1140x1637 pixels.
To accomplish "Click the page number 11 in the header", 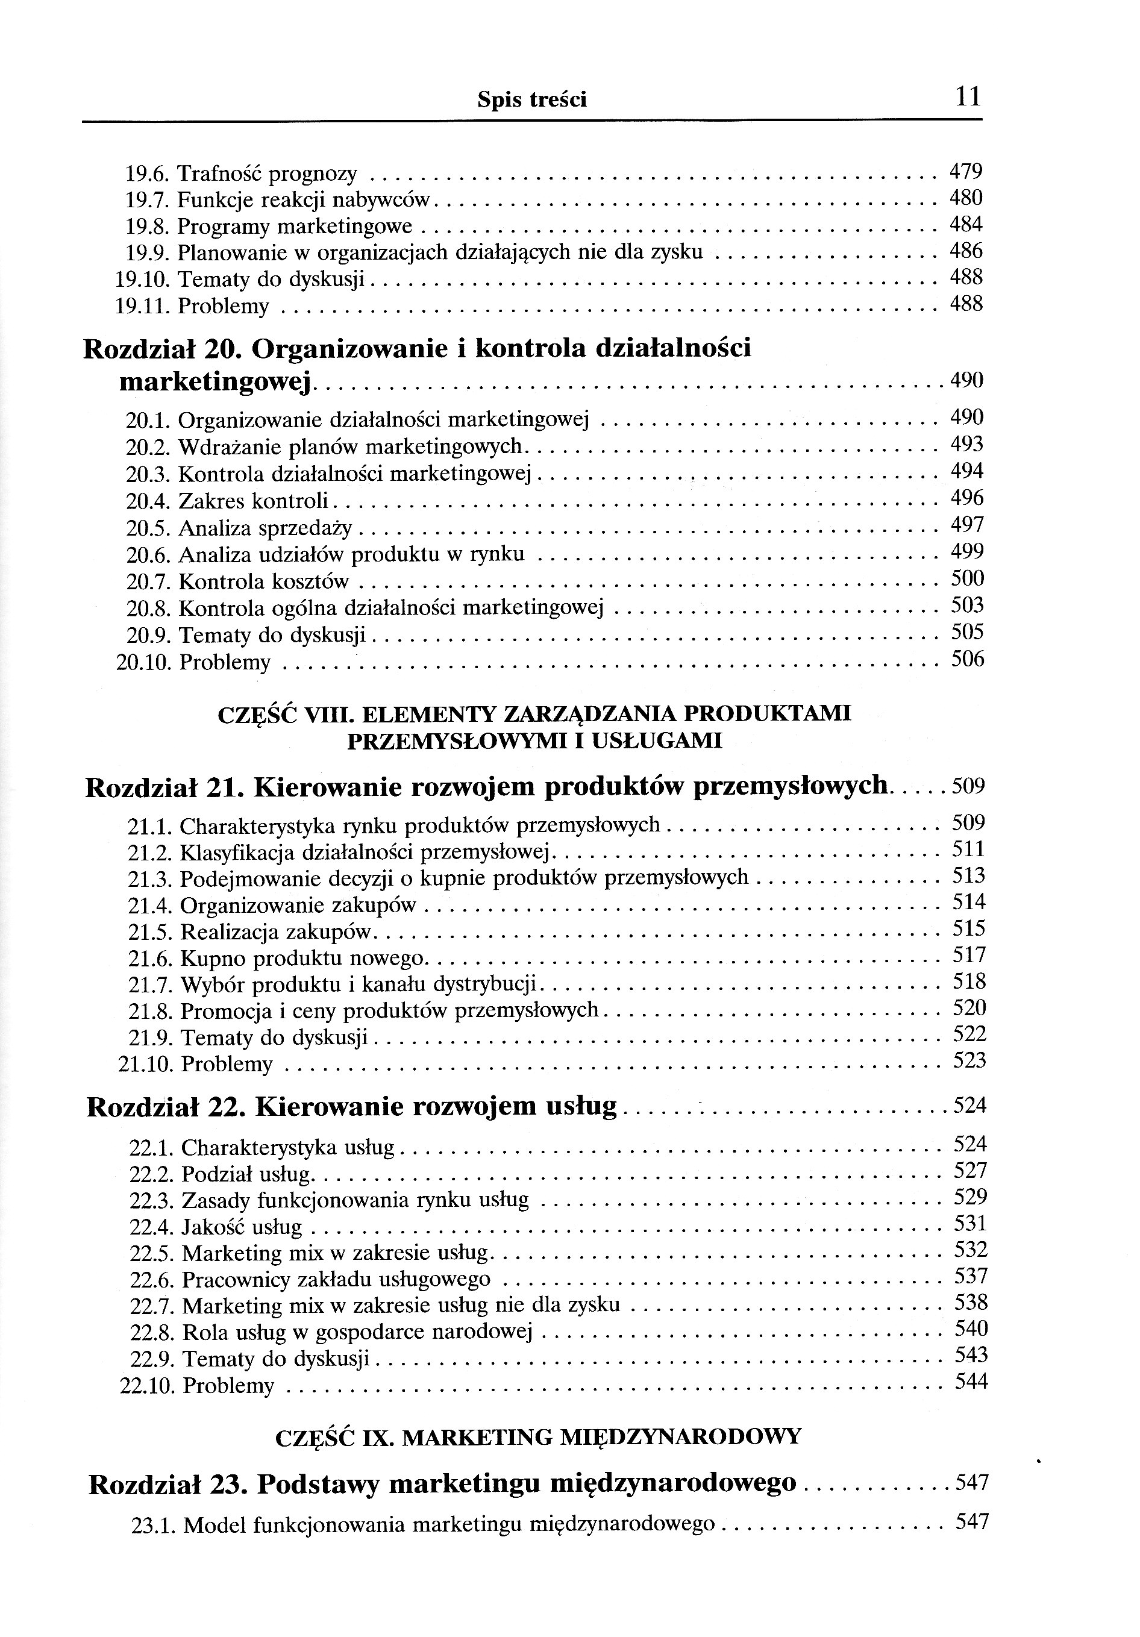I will point(966,96).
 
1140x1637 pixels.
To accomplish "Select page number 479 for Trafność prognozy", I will point(966,171).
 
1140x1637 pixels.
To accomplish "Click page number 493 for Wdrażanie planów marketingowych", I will point(966,444).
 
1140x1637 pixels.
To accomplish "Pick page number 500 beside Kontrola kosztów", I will point(968,578).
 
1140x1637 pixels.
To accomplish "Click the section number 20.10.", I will point(143,662).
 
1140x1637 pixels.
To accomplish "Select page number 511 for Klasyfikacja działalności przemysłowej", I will point(968,849).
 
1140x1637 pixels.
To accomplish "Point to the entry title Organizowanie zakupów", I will point(297,906).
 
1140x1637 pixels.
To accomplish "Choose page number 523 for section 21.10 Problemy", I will point(969,1061).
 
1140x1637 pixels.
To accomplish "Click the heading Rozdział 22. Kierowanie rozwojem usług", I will point(351,1107).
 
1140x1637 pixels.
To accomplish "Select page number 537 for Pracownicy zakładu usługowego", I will point(970,1275).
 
